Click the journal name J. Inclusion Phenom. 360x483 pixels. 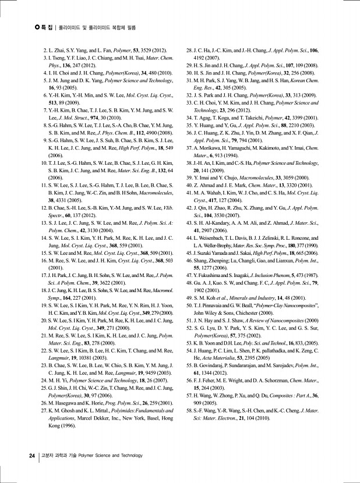pyautogui.click(x=281, y=274)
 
